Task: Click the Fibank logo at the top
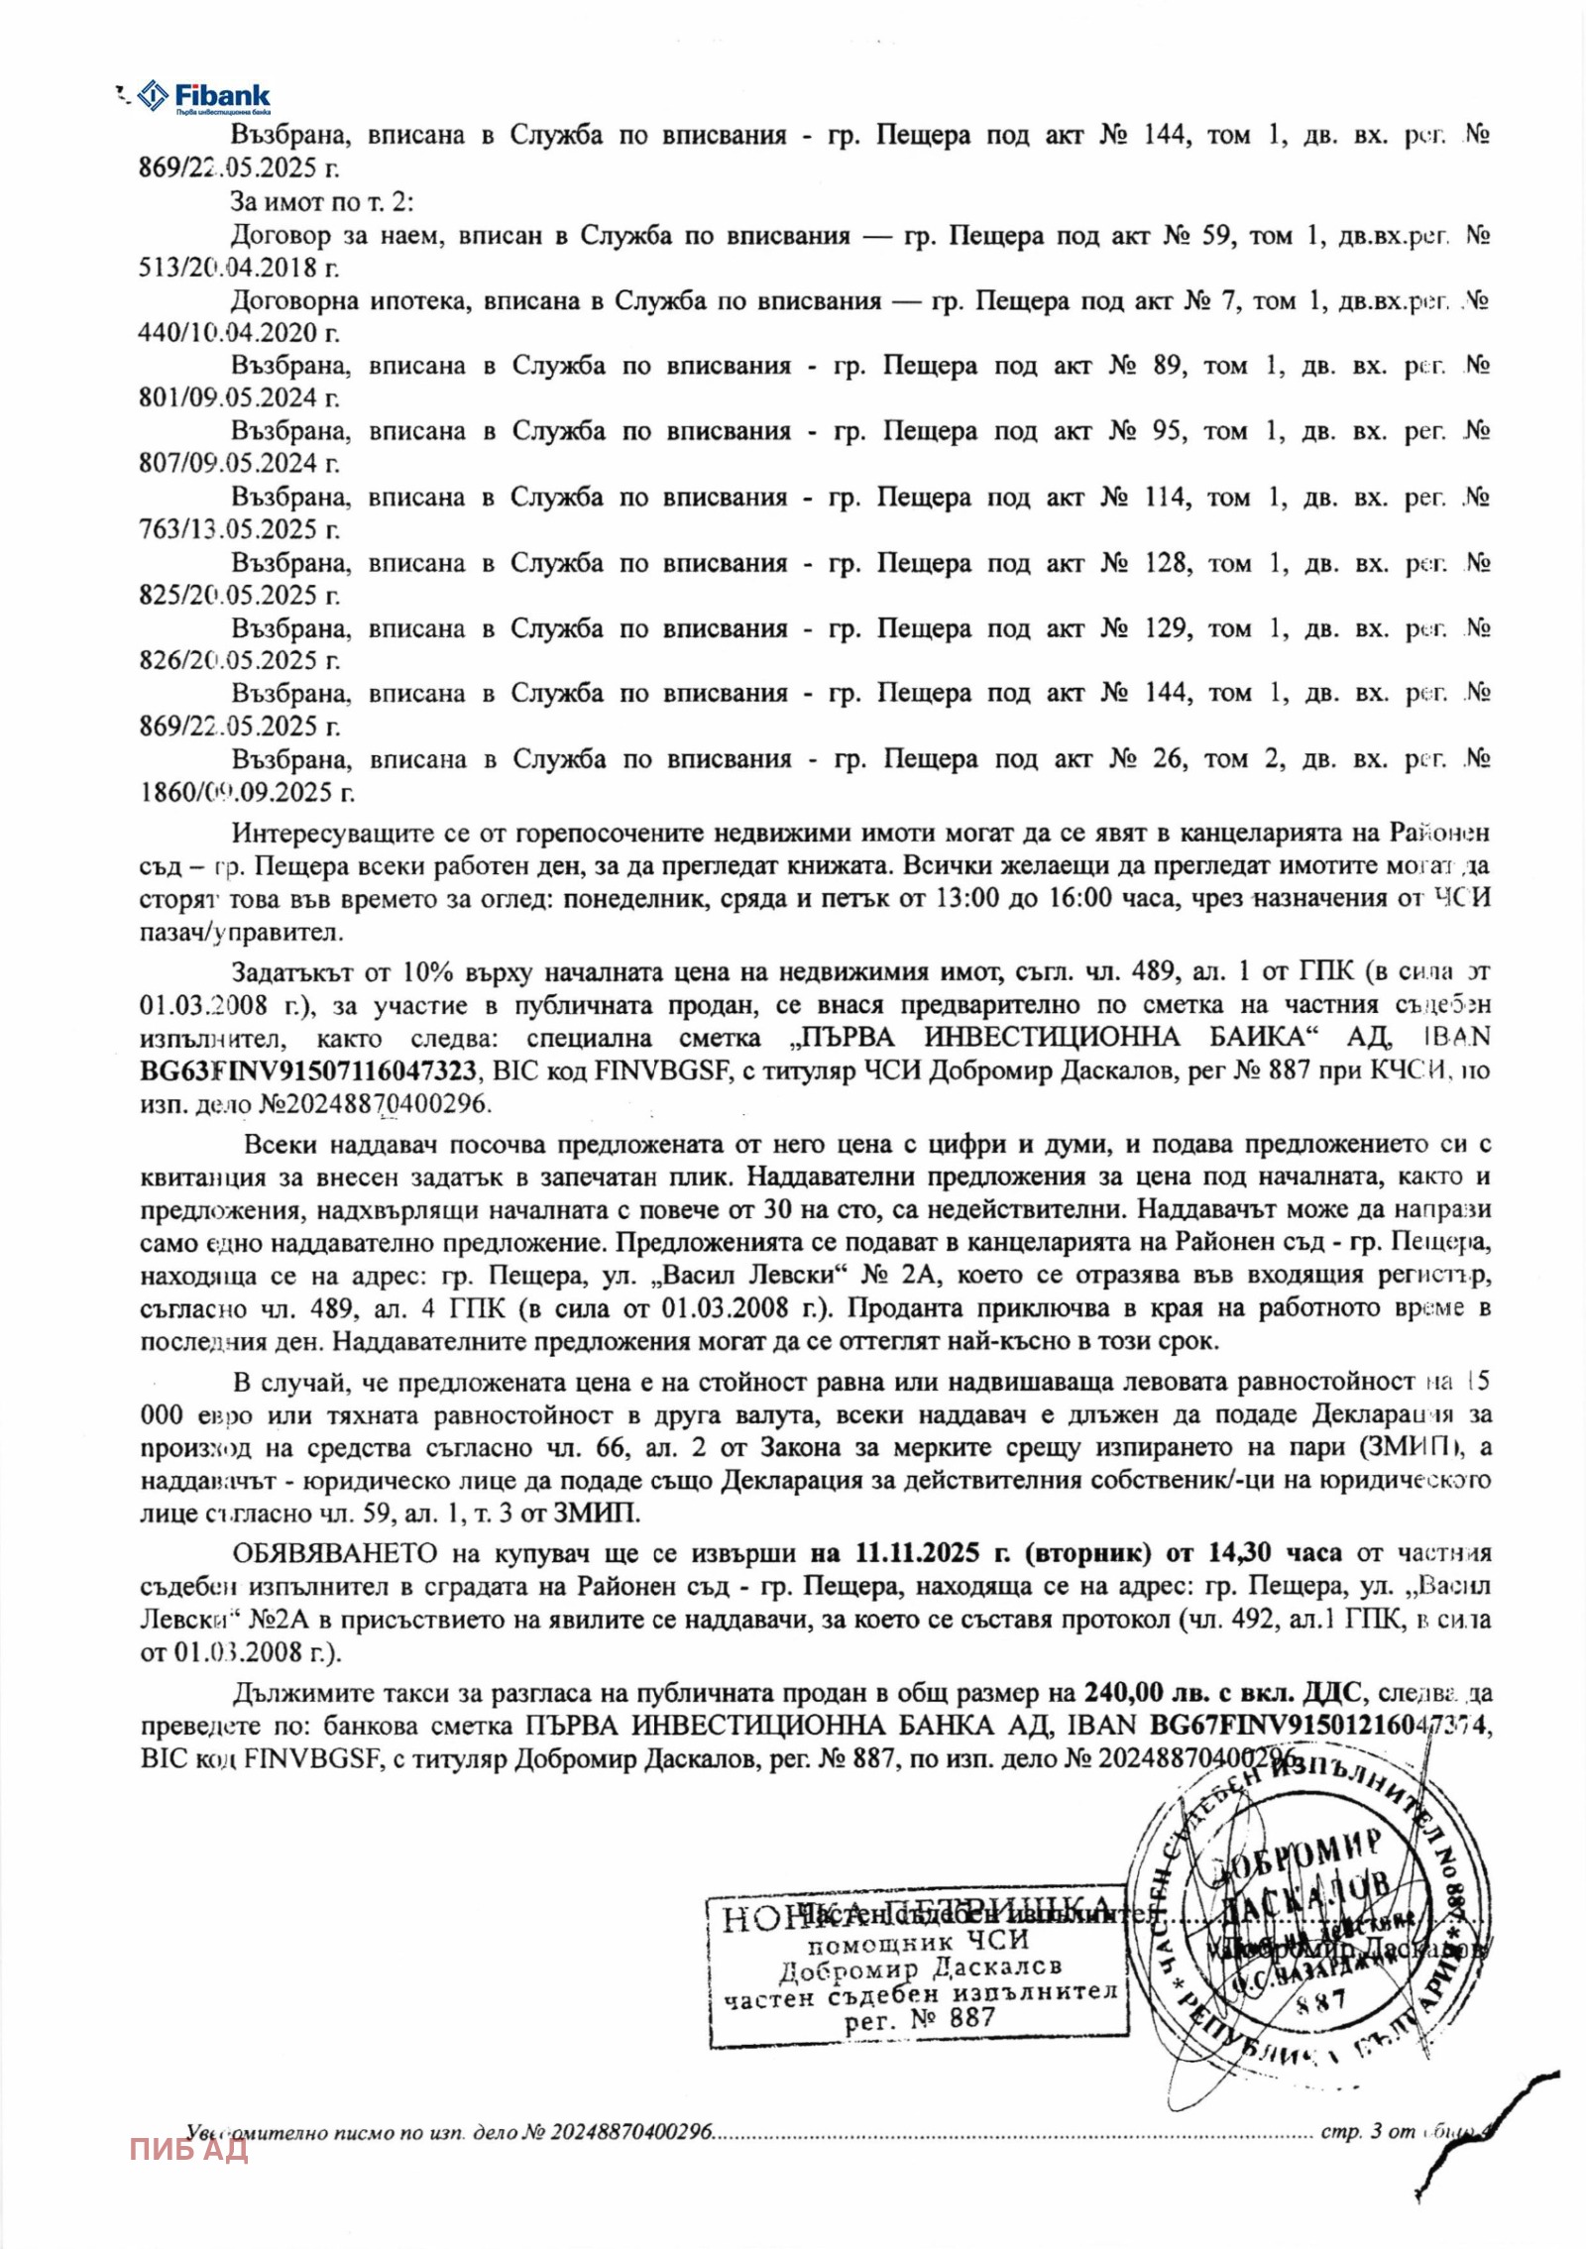coord(203,97)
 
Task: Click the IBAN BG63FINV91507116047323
coord(308,1070)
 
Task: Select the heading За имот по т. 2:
coord(322,202)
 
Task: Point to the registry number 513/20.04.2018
coord(238,268)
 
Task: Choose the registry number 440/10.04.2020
coord(238,333)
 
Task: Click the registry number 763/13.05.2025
coord(238,529)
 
